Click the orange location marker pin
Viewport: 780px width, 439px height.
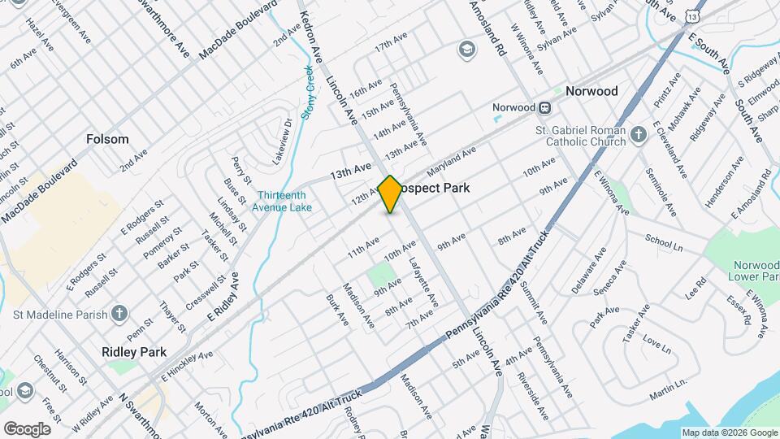click(390, 194)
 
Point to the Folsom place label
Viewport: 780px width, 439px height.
click(107, 139)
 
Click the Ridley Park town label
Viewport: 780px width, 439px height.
click(134, 352)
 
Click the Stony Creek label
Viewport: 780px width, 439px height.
click(309, 92)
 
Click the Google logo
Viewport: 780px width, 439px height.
click(27, 428)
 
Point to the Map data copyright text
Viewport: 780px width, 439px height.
click(729, 432)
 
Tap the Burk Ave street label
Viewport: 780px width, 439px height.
click(337, 310)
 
